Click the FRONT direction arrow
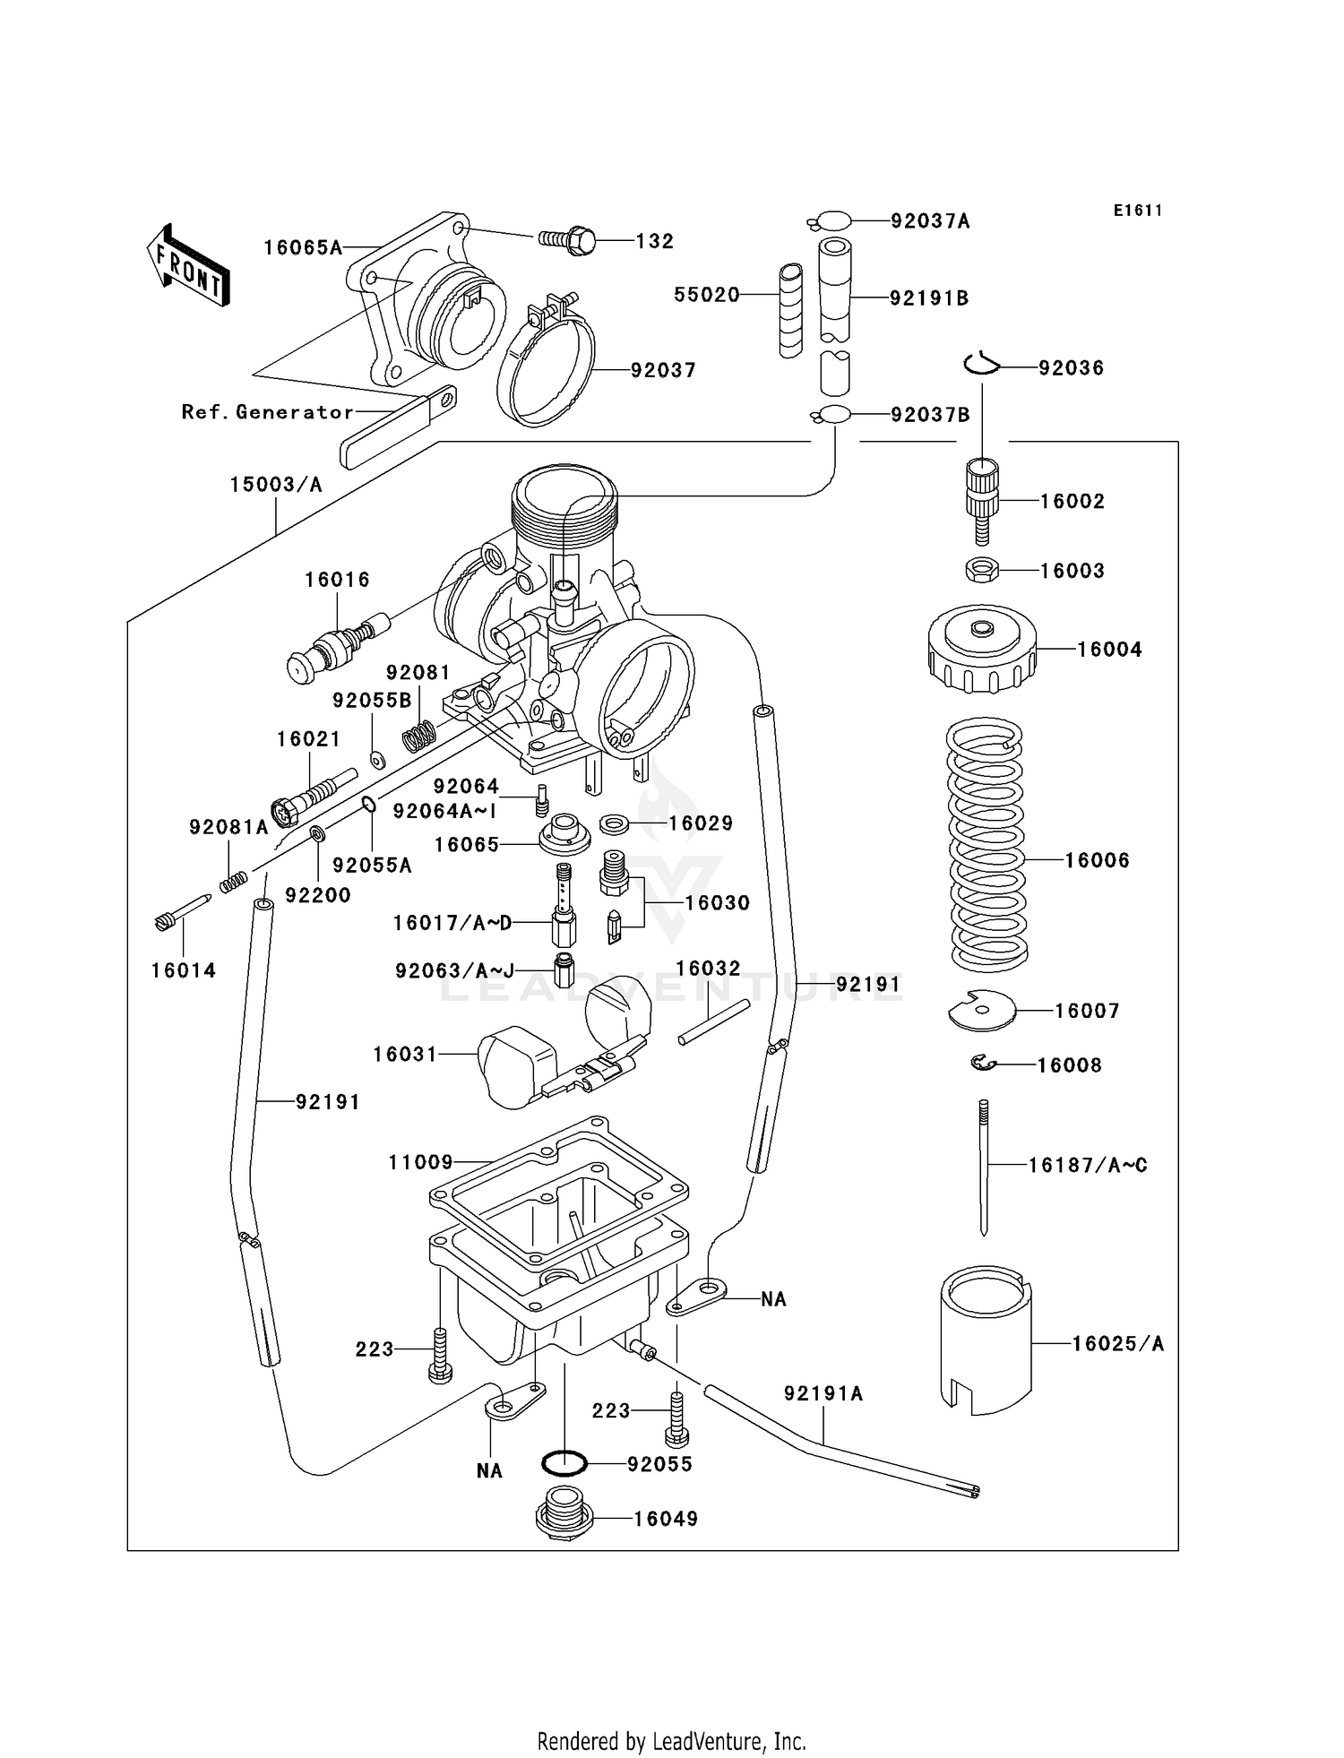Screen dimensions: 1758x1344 [188, 266]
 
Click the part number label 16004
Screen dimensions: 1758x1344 [1109, 650]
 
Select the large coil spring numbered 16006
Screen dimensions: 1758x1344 [986, 846]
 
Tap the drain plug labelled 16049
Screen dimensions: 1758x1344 [564, 1513]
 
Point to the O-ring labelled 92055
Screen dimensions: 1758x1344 [564, 1464]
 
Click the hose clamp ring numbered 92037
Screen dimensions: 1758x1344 [547, 367]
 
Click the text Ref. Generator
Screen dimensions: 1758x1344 [267, 412]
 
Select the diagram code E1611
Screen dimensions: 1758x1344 [1138, 211]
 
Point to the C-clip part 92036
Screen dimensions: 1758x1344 [981, 365]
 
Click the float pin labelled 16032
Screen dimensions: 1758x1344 [713, 1021]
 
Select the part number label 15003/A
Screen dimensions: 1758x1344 [275, 485]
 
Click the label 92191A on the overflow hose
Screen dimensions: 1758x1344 [823, 1393]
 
